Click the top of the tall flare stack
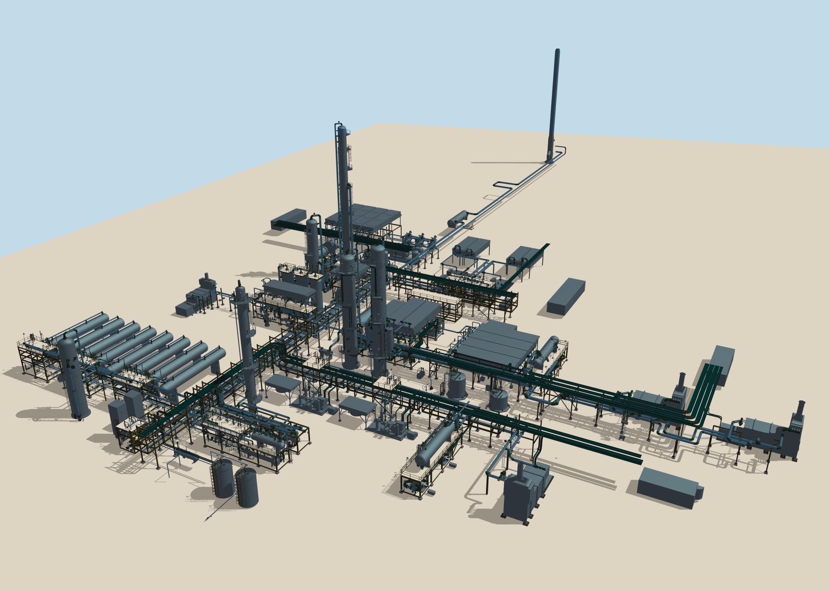click(558, 51)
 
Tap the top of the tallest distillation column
click(342, 129)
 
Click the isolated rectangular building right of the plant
click(566, 295)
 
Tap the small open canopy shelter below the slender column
click(282, 383)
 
